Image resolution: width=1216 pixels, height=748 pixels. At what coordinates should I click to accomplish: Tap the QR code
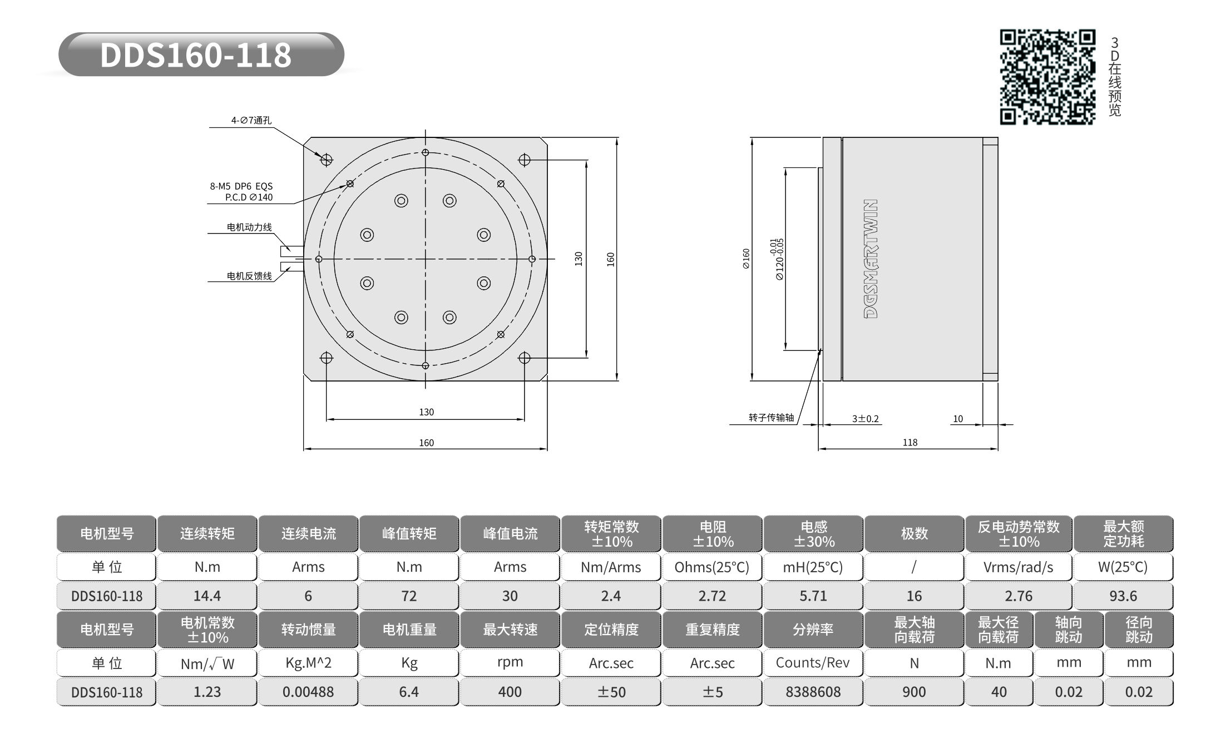click(1047, 77)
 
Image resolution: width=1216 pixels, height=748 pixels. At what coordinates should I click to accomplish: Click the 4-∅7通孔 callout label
click(251, 120)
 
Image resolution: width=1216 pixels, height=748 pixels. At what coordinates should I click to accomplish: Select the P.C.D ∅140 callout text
click(249, 197)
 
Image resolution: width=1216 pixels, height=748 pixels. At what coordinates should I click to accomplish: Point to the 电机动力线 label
click(249, 227)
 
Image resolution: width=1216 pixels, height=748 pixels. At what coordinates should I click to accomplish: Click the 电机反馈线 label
click(249, 276)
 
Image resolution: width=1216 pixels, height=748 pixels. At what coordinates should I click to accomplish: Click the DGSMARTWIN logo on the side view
click(871, 259)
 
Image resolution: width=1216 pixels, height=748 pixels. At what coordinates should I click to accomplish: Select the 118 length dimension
click(910, 442)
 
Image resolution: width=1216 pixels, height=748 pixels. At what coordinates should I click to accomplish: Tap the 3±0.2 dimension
click(865, 419)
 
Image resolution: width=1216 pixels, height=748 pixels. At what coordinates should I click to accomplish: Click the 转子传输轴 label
click(771, 417)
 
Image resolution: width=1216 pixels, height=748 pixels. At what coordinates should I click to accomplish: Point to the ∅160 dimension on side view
click(746, 259)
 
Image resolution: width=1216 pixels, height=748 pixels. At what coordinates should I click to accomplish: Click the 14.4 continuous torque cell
click(207, 596)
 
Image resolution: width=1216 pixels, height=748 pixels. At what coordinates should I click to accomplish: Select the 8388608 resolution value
click(813, 692)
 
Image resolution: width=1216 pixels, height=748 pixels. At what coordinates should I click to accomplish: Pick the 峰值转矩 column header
click(409, 534)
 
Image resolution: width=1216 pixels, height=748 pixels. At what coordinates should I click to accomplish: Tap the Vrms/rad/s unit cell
click(1018, 567)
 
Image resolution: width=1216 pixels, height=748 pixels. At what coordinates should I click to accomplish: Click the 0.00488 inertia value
click(308, 692)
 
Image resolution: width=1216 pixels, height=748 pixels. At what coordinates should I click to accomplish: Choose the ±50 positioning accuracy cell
click(611, 692)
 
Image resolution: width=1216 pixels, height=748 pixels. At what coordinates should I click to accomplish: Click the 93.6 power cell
click(1123, 596)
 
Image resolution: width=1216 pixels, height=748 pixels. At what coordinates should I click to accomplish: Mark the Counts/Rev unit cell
click(813, 663)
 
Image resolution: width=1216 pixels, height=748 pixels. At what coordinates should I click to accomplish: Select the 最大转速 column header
click(510, 630)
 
